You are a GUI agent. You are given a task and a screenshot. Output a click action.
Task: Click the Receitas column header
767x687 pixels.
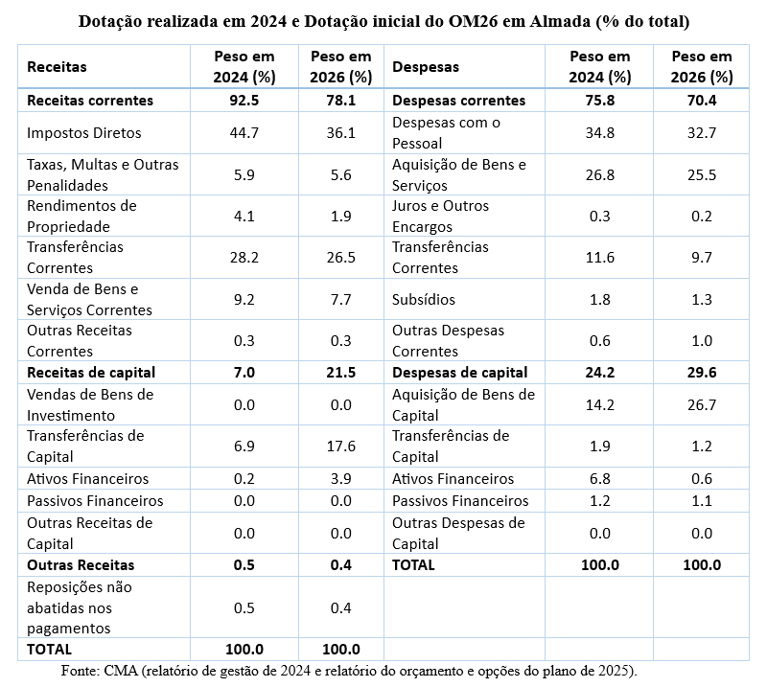click(57, 67)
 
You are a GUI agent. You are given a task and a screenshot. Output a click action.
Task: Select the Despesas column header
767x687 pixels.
click(425, 67)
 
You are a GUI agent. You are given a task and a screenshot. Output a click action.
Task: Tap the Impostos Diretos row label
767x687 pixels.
click(84, 133)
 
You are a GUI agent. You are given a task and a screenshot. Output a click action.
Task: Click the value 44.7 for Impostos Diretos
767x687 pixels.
click(244, 133)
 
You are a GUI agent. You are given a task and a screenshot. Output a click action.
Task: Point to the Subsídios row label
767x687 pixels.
click(423, 299)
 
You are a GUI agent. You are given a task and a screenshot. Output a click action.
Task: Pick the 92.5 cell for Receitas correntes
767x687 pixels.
click(244, 100)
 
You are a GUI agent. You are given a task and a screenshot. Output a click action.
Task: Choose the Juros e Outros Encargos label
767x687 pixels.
click(440, 217)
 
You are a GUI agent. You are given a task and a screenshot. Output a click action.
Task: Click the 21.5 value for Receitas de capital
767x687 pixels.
click(340, 372)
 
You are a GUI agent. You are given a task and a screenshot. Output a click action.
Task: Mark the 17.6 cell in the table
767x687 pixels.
click(340, 446)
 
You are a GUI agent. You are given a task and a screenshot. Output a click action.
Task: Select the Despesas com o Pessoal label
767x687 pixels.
click(446, 132)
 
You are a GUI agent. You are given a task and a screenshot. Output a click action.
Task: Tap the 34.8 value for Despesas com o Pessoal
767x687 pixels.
click(599, 133)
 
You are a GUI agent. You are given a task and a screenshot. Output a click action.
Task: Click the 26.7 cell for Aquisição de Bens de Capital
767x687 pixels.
click(701, 404)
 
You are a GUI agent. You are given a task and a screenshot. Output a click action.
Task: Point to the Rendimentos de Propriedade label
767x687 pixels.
click(81, 217)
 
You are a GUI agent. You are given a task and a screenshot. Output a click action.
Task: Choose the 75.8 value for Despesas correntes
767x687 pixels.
click(599, 100)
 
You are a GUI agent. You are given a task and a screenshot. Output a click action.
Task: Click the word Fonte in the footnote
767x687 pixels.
click(79, 670)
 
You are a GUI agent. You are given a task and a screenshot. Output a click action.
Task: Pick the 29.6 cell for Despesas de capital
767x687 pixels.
click(701, 372)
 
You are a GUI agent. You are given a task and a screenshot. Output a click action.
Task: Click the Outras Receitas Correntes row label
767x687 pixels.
click(80, 340)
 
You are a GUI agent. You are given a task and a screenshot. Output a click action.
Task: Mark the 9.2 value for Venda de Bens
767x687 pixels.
click(244, 299)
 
